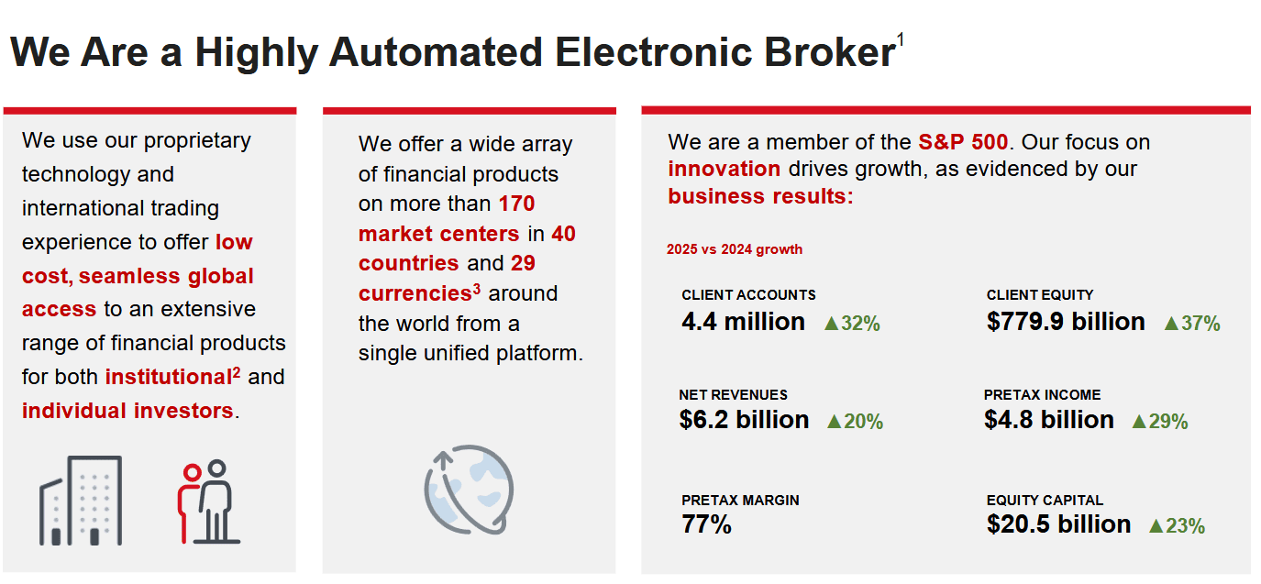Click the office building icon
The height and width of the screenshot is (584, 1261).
(81, 501)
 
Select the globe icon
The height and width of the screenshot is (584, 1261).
(469, 490)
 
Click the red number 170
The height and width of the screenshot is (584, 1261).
(517, 204)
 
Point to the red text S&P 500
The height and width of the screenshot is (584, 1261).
(963, 142)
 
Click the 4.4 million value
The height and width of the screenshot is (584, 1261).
(743, 322)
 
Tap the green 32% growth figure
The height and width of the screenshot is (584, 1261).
(852, 324)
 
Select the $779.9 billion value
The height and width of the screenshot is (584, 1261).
(1066, 322)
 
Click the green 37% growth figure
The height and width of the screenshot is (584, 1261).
(1191, 324)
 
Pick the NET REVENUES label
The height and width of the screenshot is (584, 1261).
(733, 395)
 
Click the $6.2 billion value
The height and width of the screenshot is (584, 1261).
(744, 420)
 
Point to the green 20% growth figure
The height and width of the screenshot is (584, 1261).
(855, 422)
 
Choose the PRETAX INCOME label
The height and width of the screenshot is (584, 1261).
(1042, 395)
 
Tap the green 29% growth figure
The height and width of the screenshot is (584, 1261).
(1160, 422)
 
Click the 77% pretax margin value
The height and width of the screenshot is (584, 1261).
(706, 524)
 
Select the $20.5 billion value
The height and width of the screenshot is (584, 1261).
(1058, 524)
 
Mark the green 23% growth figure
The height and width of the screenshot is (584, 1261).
(1177, 526)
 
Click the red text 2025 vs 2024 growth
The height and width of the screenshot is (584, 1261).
(734, 249)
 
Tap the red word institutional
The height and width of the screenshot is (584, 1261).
(169, 377)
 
